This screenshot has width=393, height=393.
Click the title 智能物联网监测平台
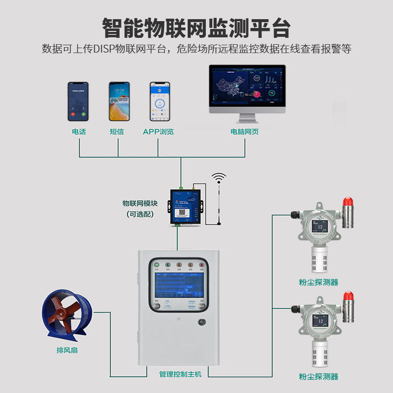click(196, 28)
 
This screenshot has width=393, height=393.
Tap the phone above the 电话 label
click(78, 101)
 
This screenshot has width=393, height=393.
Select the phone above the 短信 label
click(119, 101)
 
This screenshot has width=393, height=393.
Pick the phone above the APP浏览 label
click(160, 101)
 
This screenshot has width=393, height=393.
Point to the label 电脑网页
click(244, 132)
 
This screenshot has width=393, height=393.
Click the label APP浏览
click(158, 132)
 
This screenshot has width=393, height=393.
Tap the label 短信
click(117, 132)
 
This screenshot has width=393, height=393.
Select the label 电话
click(79, 132)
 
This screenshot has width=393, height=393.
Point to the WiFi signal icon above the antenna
click(219, 177)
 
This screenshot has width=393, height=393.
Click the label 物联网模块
click(140, 203)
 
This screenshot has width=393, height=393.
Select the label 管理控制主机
click(180, 374)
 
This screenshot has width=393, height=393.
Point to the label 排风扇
click(67, 350)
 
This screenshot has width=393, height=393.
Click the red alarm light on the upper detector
click(348, 201)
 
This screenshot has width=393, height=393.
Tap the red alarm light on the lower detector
click(348, 296)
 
